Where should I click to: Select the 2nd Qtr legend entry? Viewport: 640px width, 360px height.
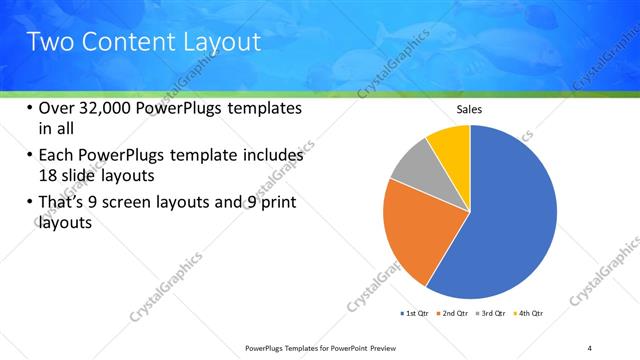coord(456,314)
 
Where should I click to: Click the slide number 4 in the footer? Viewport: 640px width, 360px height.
coord(589,348)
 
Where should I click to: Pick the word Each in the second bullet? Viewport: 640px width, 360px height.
coord(58,155)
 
